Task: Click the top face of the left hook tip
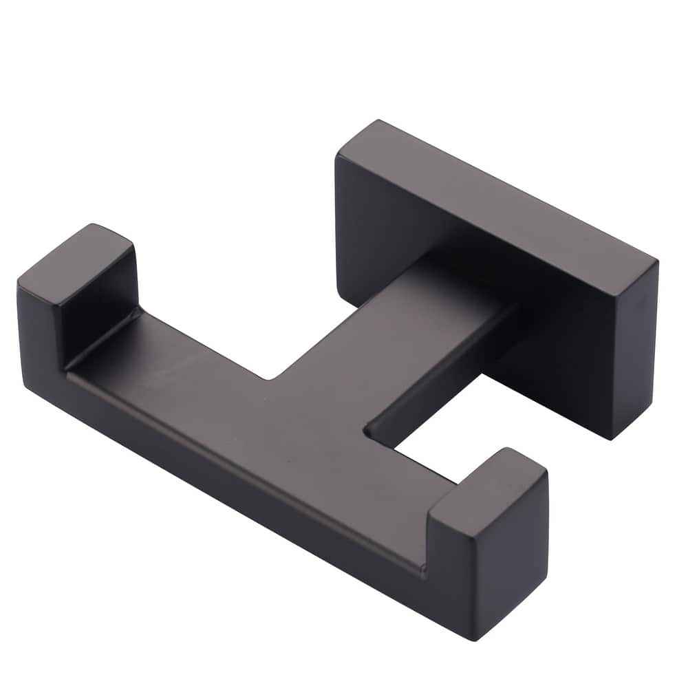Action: [x=76, y=256]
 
